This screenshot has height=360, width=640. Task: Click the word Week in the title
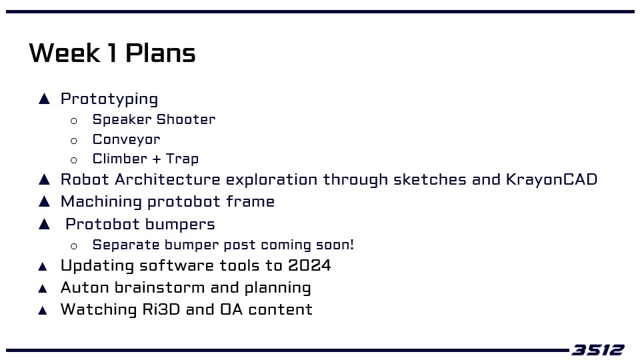coord(65,53)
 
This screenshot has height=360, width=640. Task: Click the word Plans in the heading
coord(161,53)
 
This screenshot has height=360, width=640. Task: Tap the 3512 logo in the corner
coord(598,350)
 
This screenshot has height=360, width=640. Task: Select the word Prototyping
coord(109,99)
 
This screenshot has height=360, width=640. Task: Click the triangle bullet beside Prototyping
coord(44,99)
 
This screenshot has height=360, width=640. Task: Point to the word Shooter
coord(186,119)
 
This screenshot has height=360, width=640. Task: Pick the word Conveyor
coord(127,139)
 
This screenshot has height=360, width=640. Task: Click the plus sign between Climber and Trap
coord(156,159)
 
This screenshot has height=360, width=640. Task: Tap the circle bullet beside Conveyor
coord(74,141)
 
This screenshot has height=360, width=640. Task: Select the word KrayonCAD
coord(552,179)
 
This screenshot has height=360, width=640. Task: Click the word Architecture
coord(167,179)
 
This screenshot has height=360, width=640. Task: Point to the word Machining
coord(101,201)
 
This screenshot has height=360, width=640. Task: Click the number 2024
coord(309,265)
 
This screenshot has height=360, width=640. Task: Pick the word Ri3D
coord(161,309)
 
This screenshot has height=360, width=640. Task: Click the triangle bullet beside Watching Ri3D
coord(43,311)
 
